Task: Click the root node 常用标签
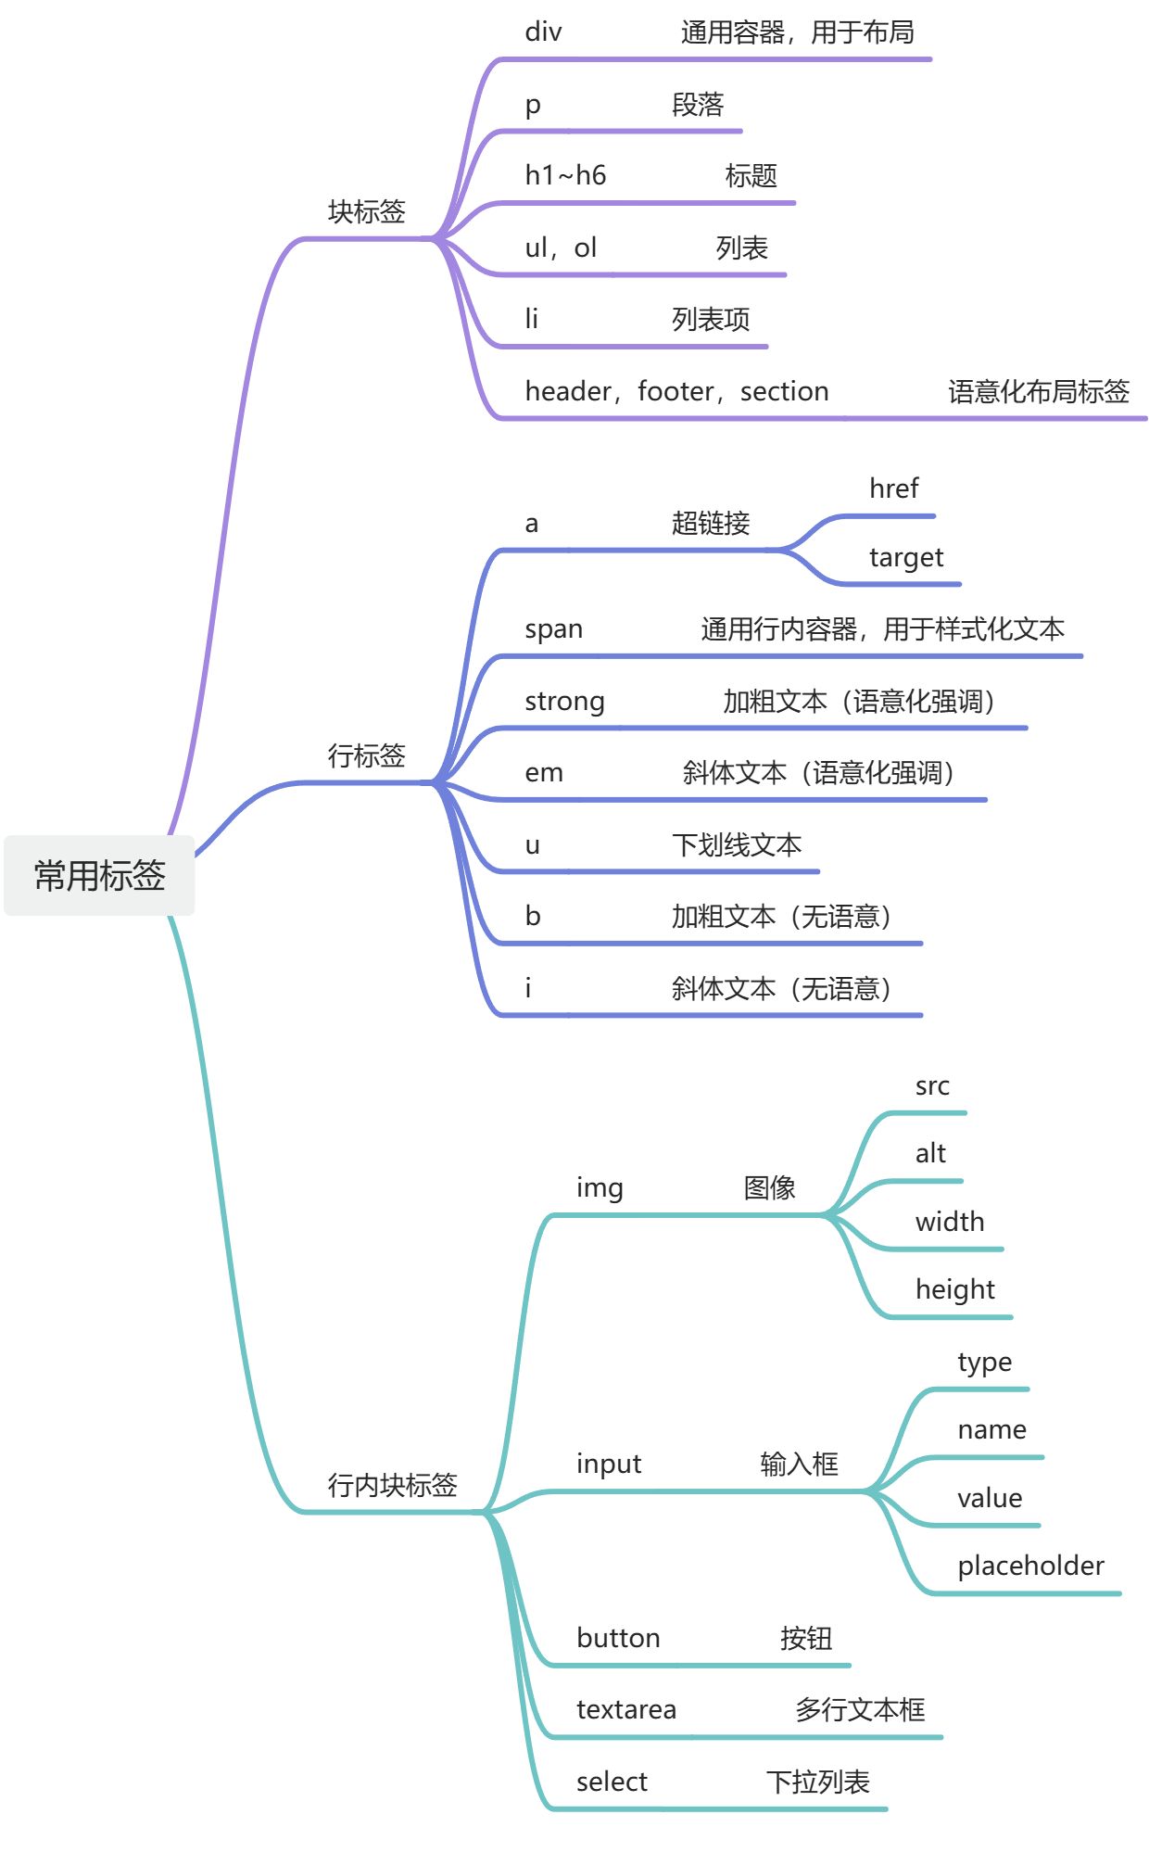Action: [x=99, y=875]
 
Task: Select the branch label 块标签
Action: [x=367, y=211]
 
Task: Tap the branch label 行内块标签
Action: [x=392, y=1485]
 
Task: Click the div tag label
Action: [x=543, y=32]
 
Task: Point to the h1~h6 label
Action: [x=565, y=175]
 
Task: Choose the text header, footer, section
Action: [x=676, y=391]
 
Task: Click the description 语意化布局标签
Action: [x=1038, y=391]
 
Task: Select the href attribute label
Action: [x=893, y=488]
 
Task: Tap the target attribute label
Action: [x=905, y=557]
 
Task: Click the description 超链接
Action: [x=711, y=523]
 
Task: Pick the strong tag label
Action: [x=564, y=701]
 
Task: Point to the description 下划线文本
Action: [x=737, y=844]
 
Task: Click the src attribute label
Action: [x=932, y=1085]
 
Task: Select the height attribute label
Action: [x=954, y=1289]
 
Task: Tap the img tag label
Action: [x=600, y=1187]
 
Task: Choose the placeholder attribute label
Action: [x=1030, y=1566]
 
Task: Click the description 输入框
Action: [x=799, y=1464]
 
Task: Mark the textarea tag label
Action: [x=626, y=1709]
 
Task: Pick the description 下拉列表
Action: [x=817, y=1782]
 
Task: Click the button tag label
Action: [x=618, y=1638]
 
